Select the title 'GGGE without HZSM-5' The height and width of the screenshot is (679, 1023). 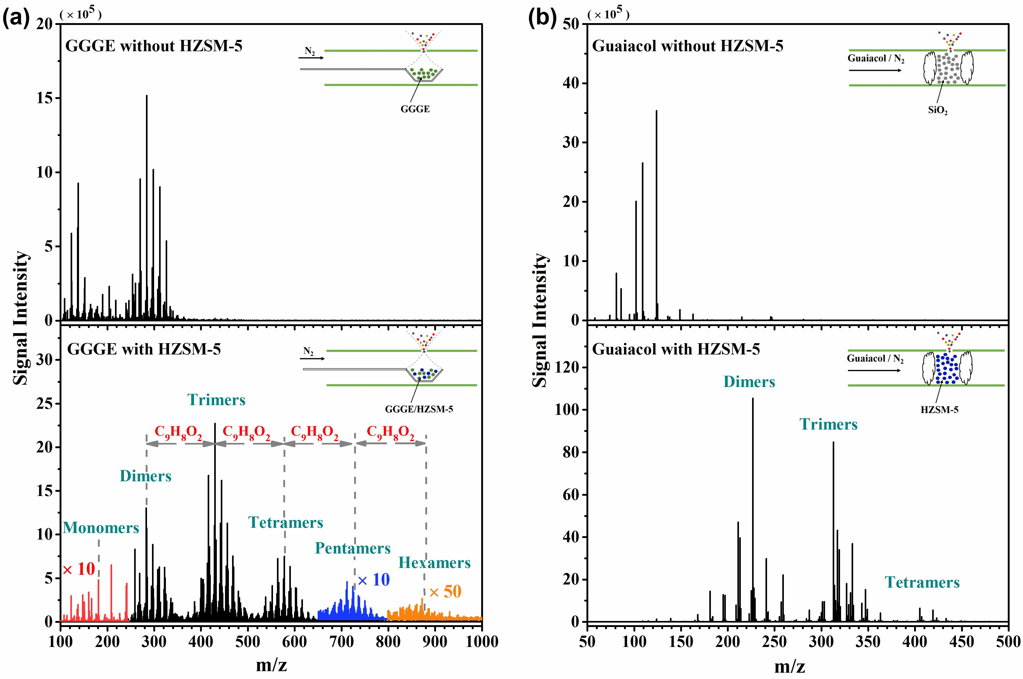154,46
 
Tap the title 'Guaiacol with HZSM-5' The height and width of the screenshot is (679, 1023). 676,349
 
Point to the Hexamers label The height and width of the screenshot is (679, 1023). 434,562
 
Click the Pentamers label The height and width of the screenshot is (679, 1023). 352,548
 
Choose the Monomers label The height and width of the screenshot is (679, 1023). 101,528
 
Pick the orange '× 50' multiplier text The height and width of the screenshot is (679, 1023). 445,592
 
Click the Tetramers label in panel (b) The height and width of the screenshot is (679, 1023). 922,582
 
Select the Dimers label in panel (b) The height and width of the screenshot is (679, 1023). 749,382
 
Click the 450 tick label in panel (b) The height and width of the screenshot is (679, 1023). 962,641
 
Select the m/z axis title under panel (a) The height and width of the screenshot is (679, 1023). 271,665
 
